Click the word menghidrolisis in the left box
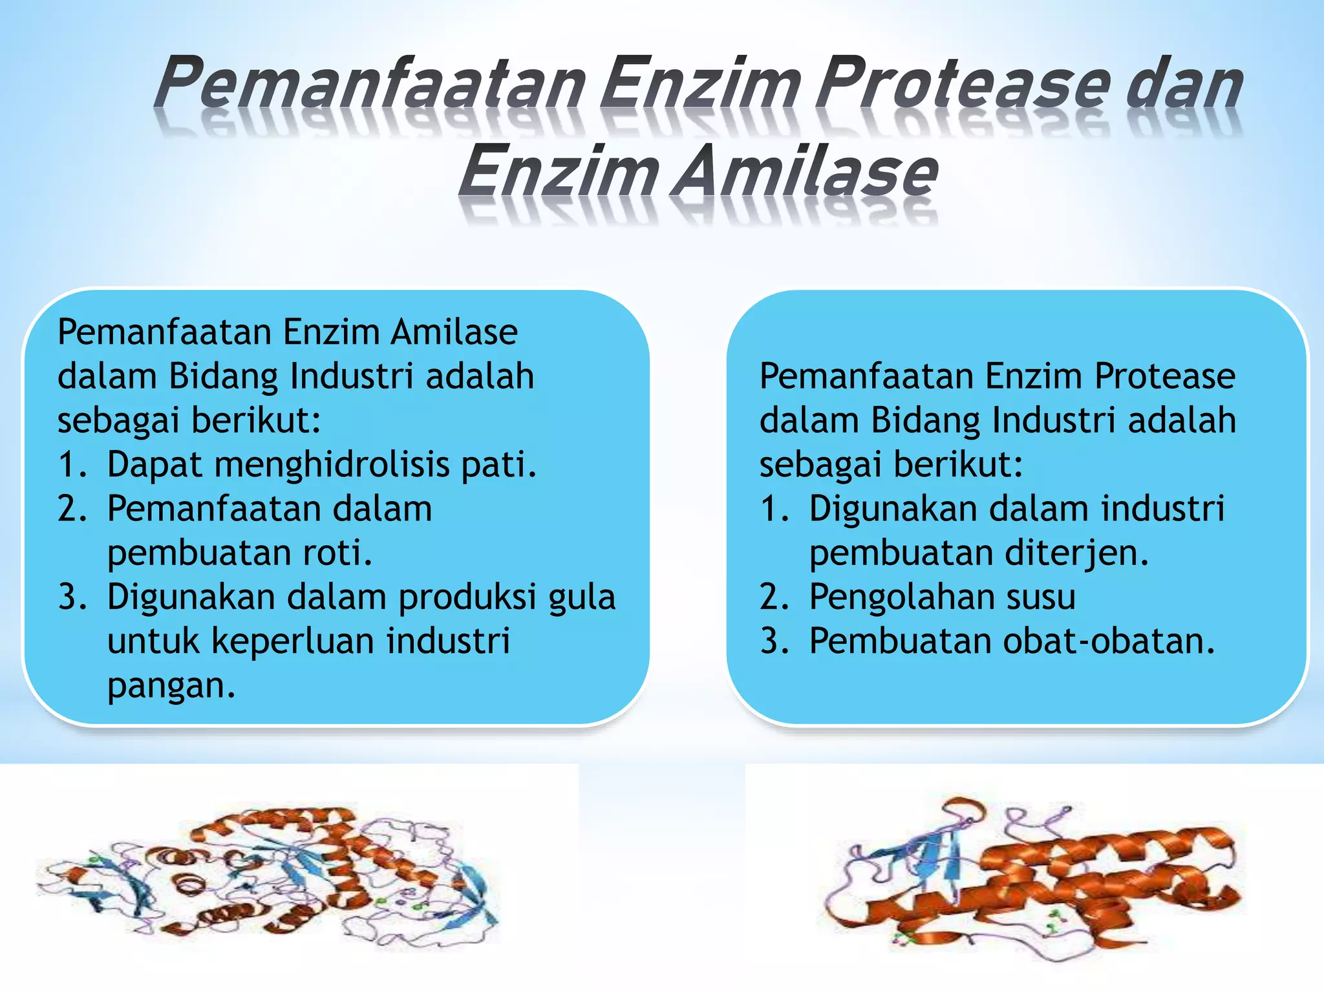332,464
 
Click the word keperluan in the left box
294,641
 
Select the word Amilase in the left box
454,332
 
